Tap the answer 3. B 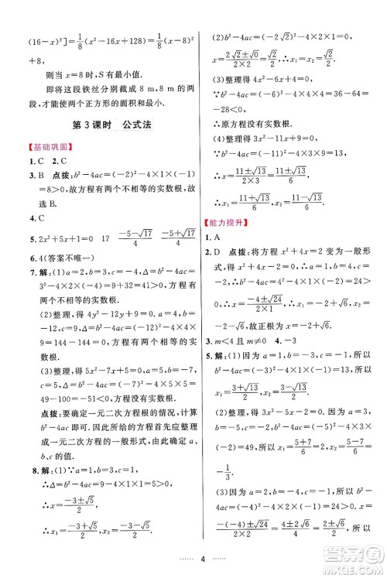(32, 177)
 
